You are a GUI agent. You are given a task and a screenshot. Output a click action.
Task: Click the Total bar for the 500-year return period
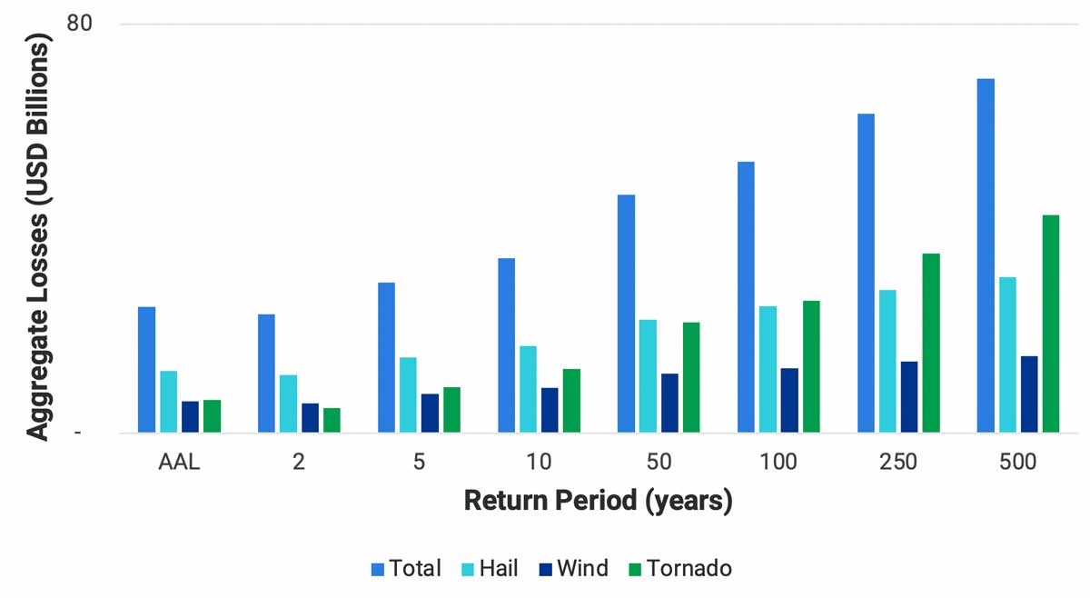(986, 255)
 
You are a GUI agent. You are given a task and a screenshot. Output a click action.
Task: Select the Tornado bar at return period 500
(1051, 324)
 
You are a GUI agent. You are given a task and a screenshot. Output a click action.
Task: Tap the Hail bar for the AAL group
(168, 402)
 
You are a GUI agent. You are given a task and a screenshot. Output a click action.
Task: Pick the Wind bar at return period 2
(310, 418)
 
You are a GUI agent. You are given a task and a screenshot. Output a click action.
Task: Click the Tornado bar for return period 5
(451, 410)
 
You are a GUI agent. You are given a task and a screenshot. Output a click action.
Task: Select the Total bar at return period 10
(506, 345)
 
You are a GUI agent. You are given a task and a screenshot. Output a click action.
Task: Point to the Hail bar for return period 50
(648, 376)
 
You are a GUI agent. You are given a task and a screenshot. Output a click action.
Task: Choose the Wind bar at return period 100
(789, 400)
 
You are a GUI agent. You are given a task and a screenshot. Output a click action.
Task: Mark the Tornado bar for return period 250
(931, 343)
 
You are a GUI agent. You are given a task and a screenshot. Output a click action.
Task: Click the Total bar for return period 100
(746, 297)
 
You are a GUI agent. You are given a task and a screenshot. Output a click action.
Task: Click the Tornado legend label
(689, 569)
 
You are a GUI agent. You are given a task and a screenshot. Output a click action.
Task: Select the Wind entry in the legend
(571, 569)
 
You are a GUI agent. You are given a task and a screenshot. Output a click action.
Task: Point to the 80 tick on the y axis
(80, 24)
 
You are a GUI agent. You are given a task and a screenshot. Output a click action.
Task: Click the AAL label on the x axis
(179, 462)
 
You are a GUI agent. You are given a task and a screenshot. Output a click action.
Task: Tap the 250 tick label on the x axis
(898, 462)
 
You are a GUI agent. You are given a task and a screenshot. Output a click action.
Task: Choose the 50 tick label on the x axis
(659, 462)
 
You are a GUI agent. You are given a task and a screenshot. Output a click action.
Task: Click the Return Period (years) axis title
(598, 501)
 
